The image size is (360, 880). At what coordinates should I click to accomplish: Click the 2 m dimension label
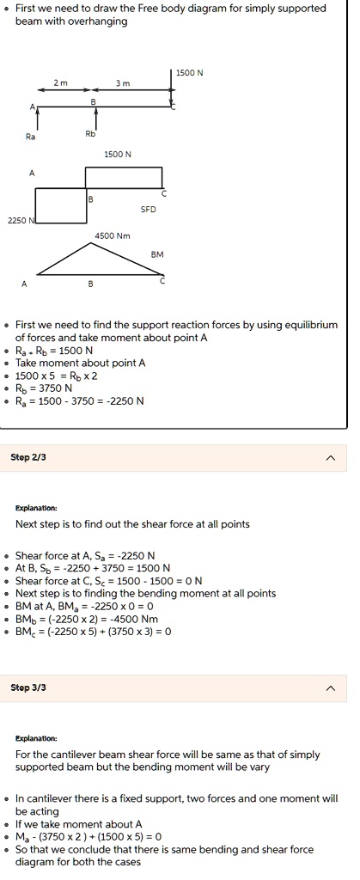click(x=58, y=82)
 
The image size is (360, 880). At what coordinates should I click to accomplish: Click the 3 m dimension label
click(x=124, y=82)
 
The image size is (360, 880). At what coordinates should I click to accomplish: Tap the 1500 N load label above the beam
click(x=190, y=73)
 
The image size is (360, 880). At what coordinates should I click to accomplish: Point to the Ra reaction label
click(x=32, y=137)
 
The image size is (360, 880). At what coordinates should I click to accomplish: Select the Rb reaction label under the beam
click(x=90, y=133)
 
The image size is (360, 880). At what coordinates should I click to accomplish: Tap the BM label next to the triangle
click(x=157, y=255)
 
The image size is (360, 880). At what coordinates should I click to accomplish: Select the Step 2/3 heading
click(x=27, y=457)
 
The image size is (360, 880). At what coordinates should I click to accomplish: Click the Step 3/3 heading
click(x=27, y=688)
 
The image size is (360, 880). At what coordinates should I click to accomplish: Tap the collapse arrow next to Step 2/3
click(x=331, y=458)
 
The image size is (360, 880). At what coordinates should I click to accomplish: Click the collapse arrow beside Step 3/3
click(x=331, y=689)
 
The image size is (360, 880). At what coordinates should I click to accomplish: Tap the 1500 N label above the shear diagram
click(x=117, y=155)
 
